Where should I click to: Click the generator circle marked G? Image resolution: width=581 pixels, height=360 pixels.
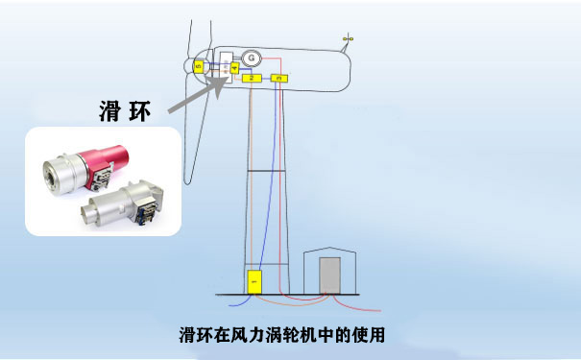(252, 59)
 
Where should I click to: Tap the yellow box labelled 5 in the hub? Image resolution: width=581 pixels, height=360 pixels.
(198, 65)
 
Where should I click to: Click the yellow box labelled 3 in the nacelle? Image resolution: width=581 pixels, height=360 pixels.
(278, 77)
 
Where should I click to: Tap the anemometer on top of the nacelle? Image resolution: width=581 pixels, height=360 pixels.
(349, 39)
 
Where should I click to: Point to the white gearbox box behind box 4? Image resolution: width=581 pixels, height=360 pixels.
(227, 70)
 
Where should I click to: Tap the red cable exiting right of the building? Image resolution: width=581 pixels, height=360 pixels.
(370, 309)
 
